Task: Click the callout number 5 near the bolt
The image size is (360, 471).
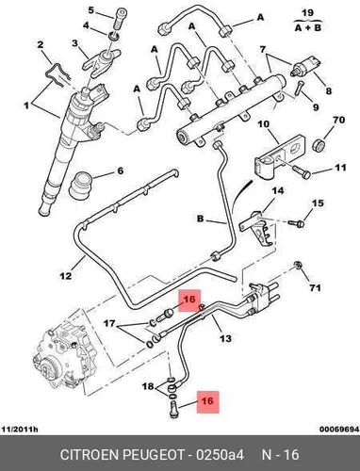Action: click(90, 10)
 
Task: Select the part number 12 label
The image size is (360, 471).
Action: click(66, 276)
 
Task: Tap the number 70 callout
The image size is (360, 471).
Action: click(338, 120)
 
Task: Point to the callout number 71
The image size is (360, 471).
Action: click(315, 287)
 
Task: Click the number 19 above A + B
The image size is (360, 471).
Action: click(307, 13)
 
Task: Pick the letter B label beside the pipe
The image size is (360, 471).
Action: click(200, 219)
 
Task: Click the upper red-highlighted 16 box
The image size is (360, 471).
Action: click(189, 300)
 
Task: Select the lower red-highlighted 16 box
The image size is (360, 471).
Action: click(207, 401)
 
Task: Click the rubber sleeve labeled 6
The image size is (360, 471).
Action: click(80, 186)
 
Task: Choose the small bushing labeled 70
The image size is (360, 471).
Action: click(319, 145)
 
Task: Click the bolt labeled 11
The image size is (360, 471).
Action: click(301, 171)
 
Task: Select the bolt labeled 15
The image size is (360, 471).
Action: click(297, 223)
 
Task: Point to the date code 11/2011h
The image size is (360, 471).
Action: click(20, 430)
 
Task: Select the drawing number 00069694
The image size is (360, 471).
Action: click(339, 430)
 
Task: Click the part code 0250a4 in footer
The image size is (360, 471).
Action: click(220, 455)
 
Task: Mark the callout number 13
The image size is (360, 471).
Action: click(225, 338)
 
